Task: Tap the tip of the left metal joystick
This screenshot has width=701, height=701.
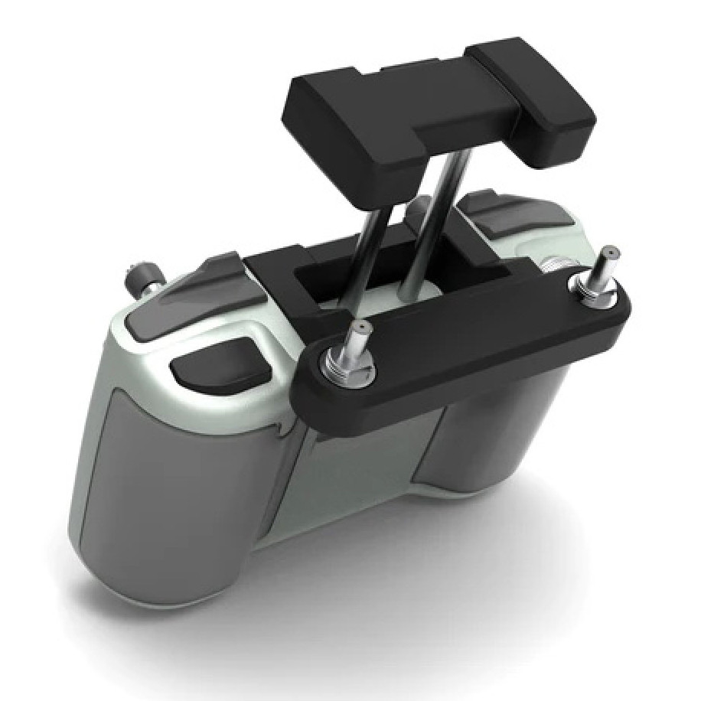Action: tap(359, 328)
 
